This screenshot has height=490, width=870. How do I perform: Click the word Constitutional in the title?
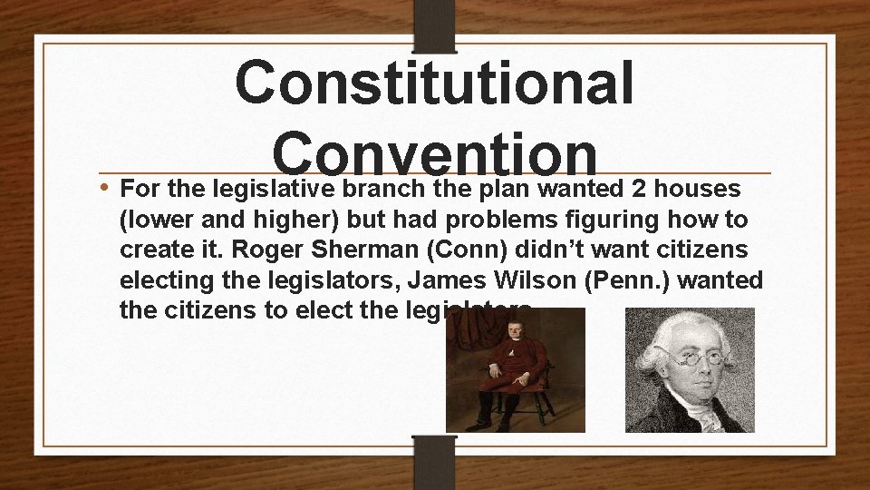(434, 83)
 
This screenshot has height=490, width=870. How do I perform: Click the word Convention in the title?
(434, 150)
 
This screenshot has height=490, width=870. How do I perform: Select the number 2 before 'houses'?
(644, 189)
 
